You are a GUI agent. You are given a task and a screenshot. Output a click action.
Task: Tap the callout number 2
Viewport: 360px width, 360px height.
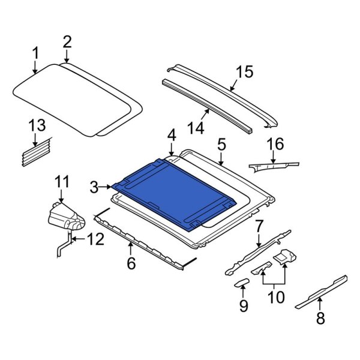click(67, 41)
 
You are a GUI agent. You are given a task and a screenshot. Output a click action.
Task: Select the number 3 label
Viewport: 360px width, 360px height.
click(94, 188)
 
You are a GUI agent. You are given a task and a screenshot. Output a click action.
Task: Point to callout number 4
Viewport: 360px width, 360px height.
click(172, 136)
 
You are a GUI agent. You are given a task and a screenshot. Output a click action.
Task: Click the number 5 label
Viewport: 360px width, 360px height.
click(221, 144)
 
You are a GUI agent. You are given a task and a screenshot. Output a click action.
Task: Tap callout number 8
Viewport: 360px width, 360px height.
click(320, 318)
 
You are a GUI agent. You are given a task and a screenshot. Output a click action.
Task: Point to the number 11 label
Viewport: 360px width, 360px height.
click(62, 181)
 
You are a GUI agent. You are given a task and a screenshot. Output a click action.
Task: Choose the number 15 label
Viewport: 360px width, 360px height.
click(244, 73)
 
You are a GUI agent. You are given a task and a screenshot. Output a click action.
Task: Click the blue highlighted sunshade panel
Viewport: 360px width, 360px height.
click(174, 192)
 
